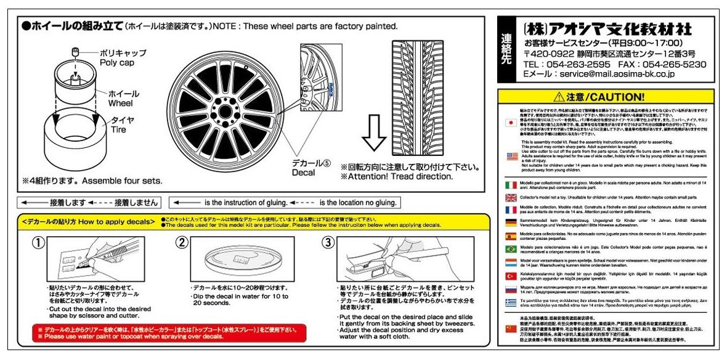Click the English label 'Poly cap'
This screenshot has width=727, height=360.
[x=116, y=63]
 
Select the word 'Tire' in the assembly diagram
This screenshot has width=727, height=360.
[x=119, y=130]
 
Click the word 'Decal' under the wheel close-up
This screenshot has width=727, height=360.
[x=304, y=173]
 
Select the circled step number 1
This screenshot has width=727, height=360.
[x=38, y=242]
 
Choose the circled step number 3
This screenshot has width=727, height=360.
[x=327, y=242]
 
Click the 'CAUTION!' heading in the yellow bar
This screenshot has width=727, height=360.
[x=615, y=97]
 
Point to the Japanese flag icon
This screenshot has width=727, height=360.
[x=511, y=122]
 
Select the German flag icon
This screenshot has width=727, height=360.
[x=511, y=223]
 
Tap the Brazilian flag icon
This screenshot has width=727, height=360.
[x=511, y=249]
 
